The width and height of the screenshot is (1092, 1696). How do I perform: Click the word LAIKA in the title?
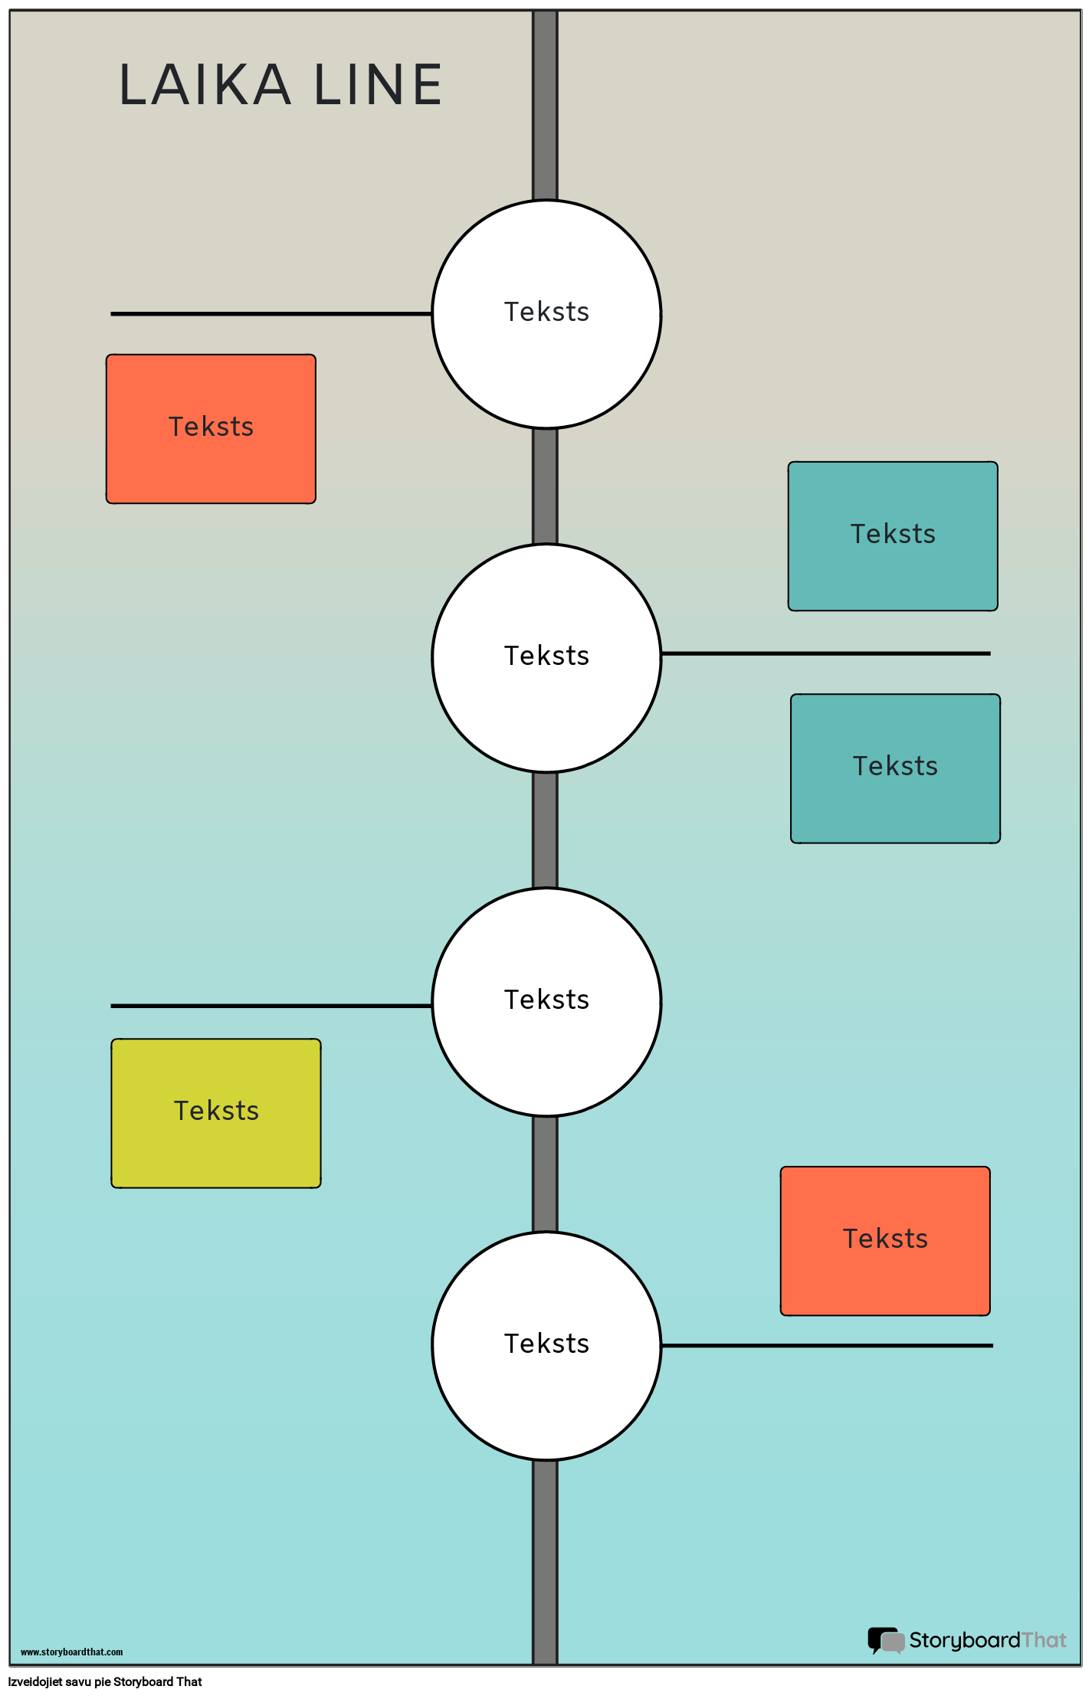(x=205, y=85)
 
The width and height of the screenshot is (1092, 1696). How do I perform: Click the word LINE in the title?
(x=378, y=85)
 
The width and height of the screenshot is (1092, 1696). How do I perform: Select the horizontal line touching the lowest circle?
(x=827, y=1345)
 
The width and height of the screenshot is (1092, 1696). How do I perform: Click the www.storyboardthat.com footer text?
(x=71, y=1652)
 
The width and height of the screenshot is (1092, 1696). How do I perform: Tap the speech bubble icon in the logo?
(x=885, y=1640)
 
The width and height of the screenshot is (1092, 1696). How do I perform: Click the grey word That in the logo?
(x=1044, y=1640)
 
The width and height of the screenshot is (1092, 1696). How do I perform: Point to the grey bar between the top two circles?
(x=545, y=486)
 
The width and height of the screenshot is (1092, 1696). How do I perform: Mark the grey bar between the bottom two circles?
(x=545, y=1174)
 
